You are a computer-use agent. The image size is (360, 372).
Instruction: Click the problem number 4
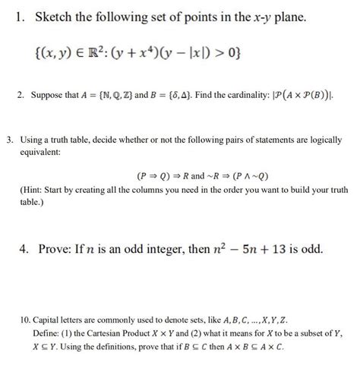point(19,248)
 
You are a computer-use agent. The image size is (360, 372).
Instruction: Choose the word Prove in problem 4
point(56,248)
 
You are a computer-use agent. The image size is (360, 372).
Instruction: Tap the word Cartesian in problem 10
point(111,334)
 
